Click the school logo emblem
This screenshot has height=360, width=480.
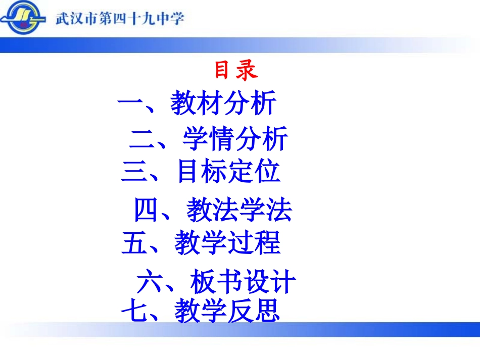click(x=24, y=19)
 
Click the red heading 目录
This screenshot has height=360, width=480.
click(x=236, y=71)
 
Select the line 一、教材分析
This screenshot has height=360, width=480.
click(x=197, y=104)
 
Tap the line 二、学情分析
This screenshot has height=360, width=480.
click(x=208, y=139)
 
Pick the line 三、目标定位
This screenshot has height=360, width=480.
click(x=201, y=172)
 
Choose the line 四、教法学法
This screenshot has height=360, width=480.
click(x=213, y=210)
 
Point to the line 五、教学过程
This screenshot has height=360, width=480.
click(x=201, y=243)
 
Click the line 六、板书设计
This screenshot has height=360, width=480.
click(x=216, y=282)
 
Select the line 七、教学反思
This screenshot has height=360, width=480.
click(x=201, y=311)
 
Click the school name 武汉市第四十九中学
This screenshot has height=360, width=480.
click(x=119, y=19)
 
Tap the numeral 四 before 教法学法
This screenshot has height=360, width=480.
click(x=146, y=210)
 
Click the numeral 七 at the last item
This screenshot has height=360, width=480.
click(x=133, y=311)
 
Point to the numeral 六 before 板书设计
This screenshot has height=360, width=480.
click(x=149, y=282)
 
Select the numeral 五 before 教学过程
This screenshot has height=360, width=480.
click(x=134, y=243)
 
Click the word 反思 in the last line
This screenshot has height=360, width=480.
click(x=254, y=311)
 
